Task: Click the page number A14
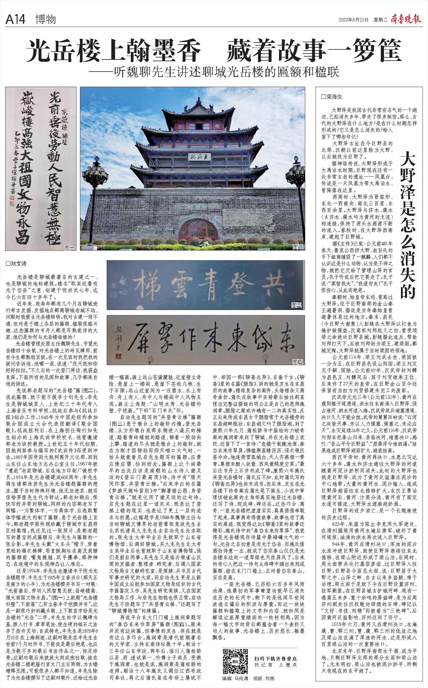click(x=15, y=19)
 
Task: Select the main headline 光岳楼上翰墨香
click(x=114, y=52)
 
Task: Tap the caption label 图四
click(x=298, y=362)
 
